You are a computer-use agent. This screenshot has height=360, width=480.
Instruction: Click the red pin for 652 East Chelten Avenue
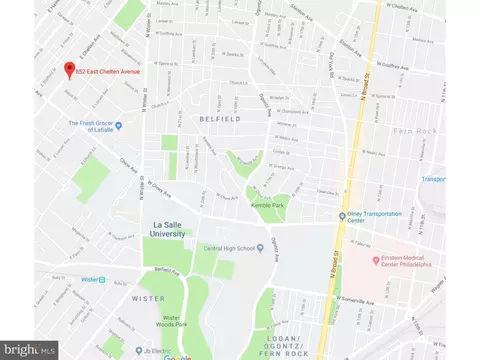[69, 70]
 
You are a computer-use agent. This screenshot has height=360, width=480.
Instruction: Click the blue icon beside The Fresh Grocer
[118, 125]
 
